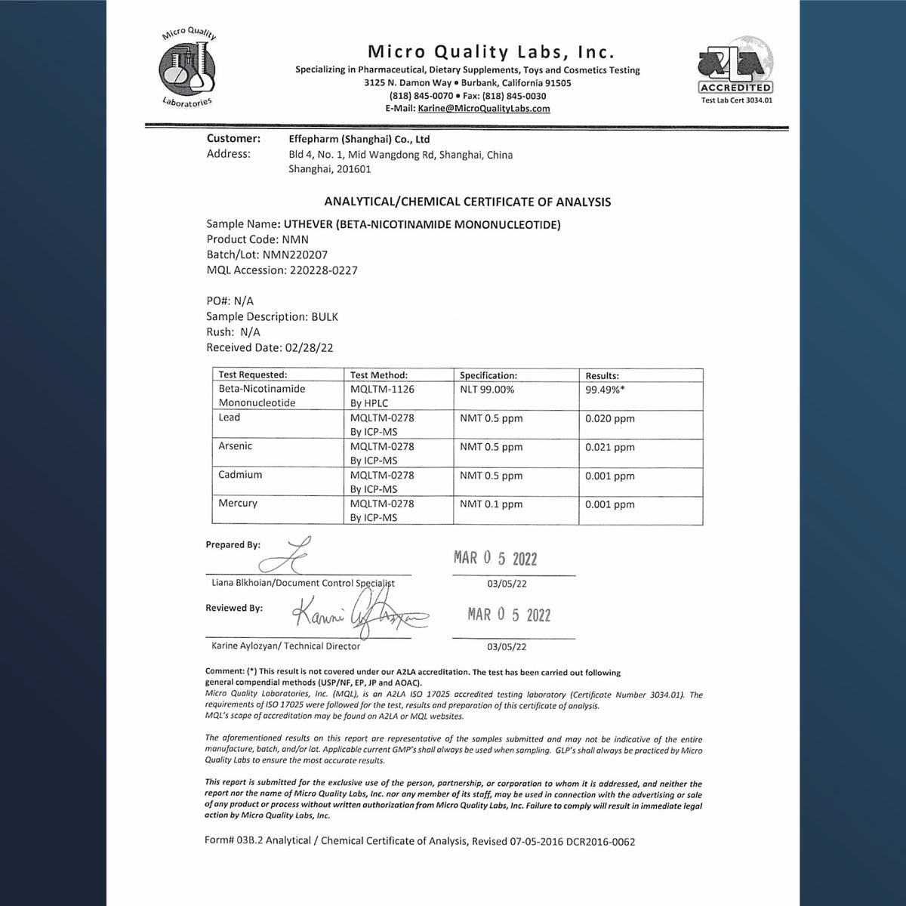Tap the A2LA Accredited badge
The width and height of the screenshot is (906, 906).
click(736, 72)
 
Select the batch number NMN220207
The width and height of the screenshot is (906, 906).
click(295, 254)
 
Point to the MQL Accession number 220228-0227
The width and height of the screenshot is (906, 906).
click(324, 270)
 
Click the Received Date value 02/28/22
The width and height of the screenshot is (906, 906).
click(310, 348)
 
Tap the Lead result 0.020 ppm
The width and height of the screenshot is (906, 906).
click(610, 418)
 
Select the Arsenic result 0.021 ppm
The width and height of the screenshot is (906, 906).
click(610, 447)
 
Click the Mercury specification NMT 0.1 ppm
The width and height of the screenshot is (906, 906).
click(491, 504)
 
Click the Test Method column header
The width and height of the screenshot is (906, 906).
click(379, 375)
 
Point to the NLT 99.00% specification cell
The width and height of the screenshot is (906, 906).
click(487, 390)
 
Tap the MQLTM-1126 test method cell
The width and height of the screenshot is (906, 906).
click(382, 390)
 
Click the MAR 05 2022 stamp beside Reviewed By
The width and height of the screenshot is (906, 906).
click(509, 615)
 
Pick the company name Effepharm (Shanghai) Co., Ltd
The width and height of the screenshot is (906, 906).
click(359, 140)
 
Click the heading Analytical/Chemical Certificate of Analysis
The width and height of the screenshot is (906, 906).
click(467, 202)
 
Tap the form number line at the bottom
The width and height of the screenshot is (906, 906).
click(420, 841)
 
